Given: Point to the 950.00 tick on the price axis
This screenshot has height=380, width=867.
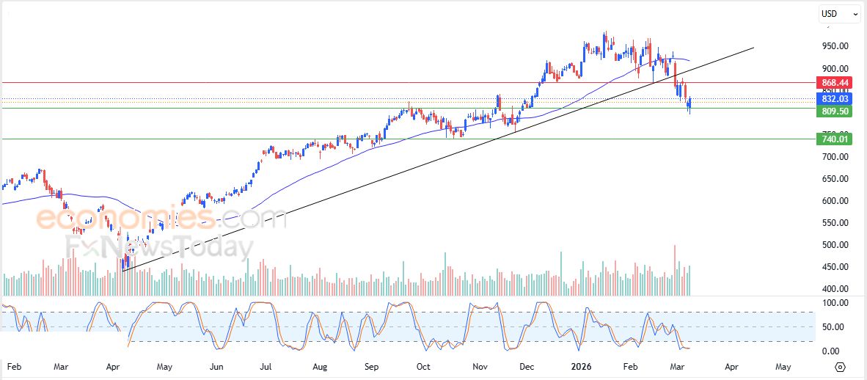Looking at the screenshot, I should coord(834,46).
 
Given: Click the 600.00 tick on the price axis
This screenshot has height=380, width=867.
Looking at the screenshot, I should coord(834,201).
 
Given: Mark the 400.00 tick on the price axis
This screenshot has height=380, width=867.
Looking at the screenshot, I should coord(834,289).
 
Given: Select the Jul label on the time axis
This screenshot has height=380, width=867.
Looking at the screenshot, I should coord(266,365).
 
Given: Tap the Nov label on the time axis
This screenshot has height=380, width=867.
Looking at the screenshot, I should coord(480,365).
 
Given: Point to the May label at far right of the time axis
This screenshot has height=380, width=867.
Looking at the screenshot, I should coord(783,365).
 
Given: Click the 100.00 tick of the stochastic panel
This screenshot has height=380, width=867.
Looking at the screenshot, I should coord(834,302).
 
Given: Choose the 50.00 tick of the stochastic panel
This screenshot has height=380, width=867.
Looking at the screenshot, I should coord(834,327).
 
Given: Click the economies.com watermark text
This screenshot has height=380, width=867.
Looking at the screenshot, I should coord(161,218).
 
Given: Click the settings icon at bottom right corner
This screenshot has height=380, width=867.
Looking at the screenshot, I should coord(841,366).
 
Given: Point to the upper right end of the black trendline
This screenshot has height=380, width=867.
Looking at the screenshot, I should coord(753,48).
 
